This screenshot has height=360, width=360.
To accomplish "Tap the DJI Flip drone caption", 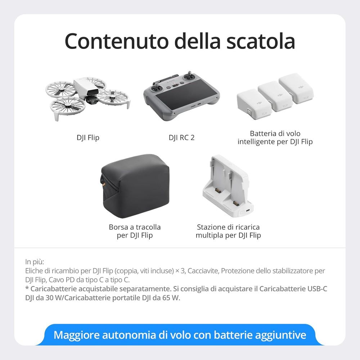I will [88, 138].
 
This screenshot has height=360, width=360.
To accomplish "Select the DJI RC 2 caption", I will [181, 138].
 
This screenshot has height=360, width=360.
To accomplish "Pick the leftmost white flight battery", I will [250, 101].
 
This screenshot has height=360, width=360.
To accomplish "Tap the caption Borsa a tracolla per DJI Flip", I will [135, 231].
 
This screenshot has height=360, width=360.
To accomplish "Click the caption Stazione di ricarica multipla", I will [228, 231].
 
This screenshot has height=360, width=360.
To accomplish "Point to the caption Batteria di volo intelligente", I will [275, 138].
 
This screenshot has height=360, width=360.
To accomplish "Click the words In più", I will [35, 262].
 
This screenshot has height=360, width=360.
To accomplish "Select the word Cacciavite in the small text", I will [203, 271].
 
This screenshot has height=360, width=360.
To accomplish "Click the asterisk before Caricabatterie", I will [27, 288].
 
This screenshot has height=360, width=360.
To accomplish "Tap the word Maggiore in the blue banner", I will [76, 336].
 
